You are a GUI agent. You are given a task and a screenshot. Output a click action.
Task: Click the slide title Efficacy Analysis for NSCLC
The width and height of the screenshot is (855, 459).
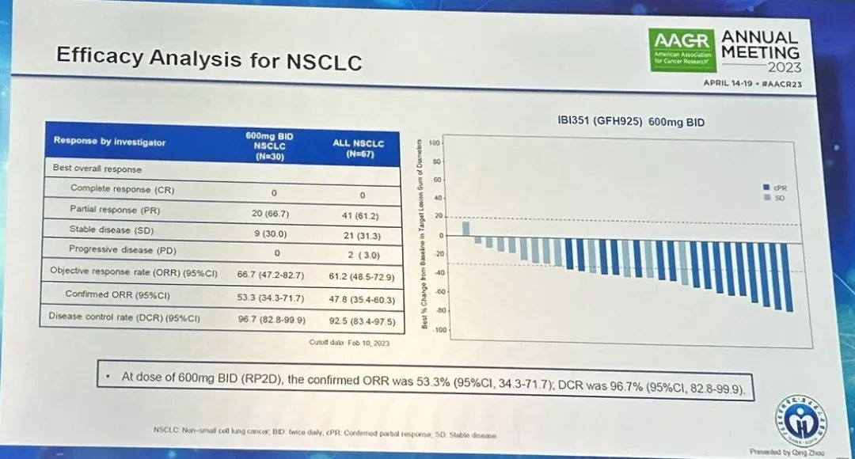tap(209, 58)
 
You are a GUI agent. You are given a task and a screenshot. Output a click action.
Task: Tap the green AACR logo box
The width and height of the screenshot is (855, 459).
tap(682, 50)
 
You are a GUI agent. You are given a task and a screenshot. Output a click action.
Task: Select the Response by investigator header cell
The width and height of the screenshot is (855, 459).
tap(110, 142)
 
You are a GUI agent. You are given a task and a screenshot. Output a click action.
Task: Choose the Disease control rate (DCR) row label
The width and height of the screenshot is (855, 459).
tap(124, 317)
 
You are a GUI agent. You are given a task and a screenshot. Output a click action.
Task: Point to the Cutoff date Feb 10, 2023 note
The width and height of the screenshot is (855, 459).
tap(349, 342)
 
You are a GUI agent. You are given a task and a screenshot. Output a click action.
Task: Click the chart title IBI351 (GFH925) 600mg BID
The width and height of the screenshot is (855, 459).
tap(626, 123)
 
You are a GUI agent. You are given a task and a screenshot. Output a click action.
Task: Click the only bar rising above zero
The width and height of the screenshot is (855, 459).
tap(465, 228)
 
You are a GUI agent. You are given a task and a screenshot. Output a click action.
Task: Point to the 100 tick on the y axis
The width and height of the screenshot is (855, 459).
tap(434, 143)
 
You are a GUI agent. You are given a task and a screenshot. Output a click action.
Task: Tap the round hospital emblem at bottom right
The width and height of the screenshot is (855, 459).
tap(800, 415)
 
